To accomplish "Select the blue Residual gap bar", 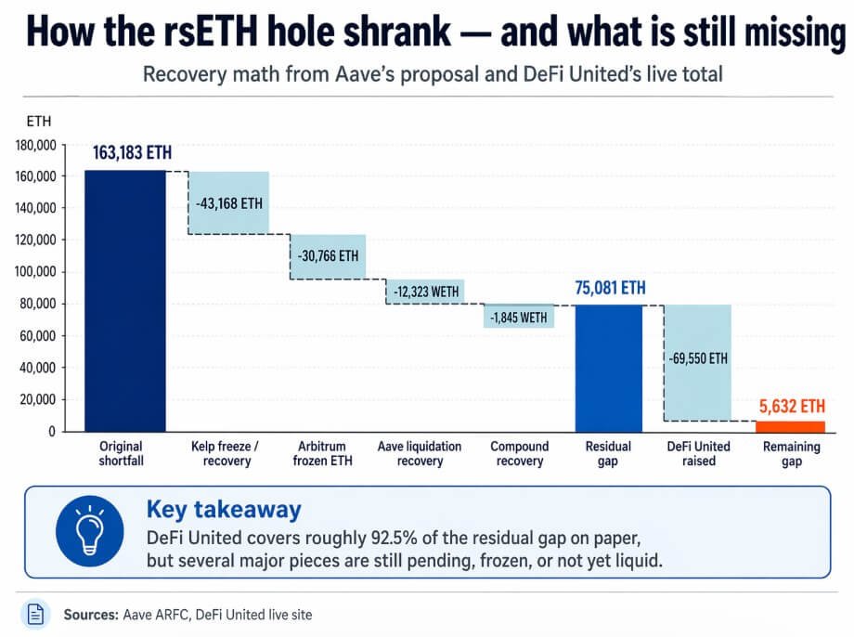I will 609,368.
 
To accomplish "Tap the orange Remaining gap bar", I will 789,426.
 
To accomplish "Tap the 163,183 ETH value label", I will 132,153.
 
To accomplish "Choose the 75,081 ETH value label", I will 609,288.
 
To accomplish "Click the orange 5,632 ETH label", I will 791,406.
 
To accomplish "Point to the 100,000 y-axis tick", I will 36,272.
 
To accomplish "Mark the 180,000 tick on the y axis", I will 36,145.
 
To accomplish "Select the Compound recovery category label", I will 520,454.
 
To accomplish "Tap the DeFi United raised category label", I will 698,454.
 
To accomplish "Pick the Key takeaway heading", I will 223,509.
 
